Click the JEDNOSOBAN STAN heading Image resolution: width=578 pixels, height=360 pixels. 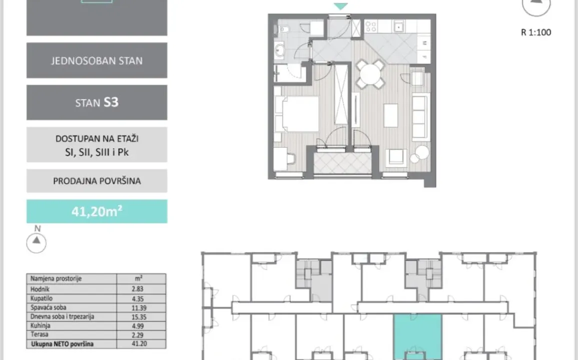[97, 61]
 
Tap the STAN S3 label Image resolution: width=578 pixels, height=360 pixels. [97, 102]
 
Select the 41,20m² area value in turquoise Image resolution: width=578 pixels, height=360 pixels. [97, 211]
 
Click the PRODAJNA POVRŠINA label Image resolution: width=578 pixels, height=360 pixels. [97, 181]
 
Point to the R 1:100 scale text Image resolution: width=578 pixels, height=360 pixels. [536, 32]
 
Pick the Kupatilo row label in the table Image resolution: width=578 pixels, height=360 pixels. [42, 298]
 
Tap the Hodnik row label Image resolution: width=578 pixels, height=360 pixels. [40, 289]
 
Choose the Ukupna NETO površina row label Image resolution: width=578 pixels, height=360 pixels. [62, 343]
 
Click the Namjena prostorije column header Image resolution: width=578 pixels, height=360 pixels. [56, 279]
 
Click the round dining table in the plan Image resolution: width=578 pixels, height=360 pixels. [370, 74]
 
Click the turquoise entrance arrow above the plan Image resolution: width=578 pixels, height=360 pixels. [340, 6]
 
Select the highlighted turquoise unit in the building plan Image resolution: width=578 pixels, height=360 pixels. [417, 335]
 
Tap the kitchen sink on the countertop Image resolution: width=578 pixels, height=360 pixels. [398, 26]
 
